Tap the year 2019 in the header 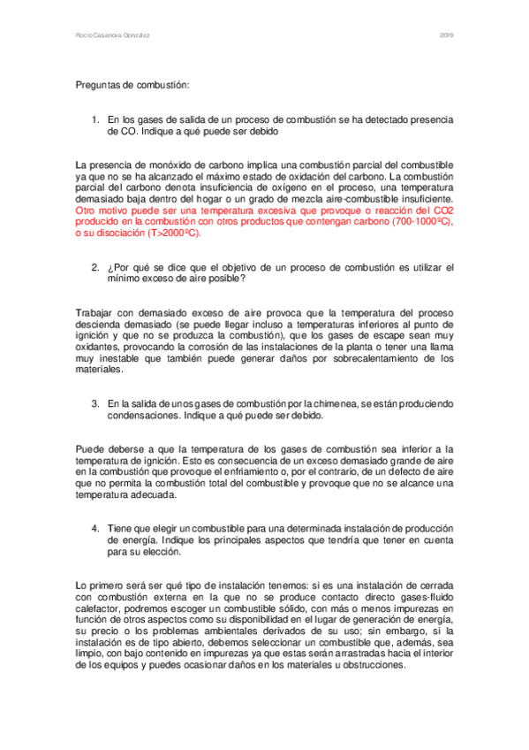point(446,35)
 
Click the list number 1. point(95,119)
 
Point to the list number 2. point(95,267)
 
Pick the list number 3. point(95,402)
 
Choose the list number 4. point(95,528)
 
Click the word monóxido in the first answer point(163,166)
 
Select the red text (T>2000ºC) point(169,235)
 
